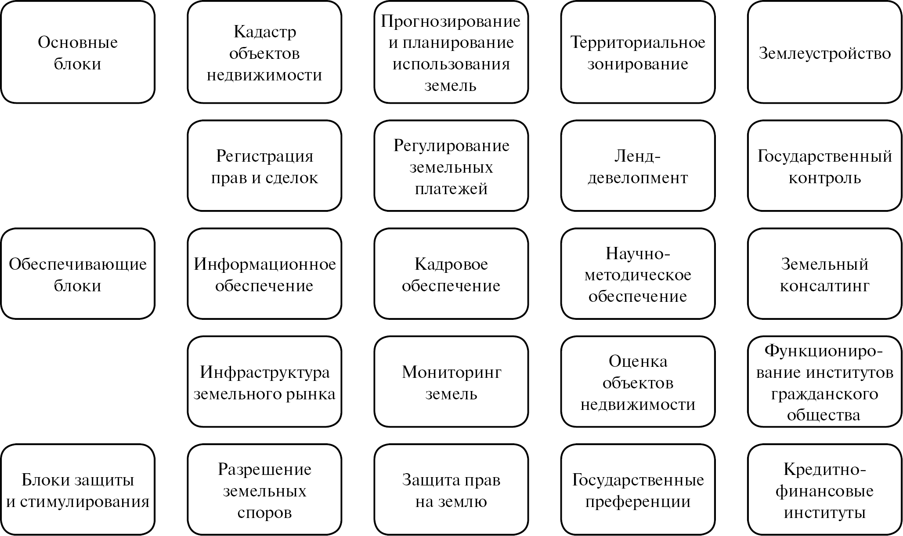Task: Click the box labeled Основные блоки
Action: [78, 53]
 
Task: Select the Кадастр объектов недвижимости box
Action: [264, 53]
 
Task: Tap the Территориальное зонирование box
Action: [638, 53]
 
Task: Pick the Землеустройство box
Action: [824, 53]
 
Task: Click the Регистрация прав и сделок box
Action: [264, 166]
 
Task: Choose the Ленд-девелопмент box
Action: [638, 166]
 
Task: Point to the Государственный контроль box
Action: [824, 166]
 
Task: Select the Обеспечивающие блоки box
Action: [78, 274]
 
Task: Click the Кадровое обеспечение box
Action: [451, 274]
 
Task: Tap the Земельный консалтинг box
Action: [824, 274]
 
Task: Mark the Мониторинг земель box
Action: [451, 382]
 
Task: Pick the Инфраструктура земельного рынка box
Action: [264, 382]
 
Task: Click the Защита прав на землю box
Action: [451, 490]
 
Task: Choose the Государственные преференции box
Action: [638, 490]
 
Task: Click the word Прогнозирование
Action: [451, 21]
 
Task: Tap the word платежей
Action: [451, 188]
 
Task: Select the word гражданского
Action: [824, 394]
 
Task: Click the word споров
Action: [264, 512]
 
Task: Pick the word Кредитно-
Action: [824, 469]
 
